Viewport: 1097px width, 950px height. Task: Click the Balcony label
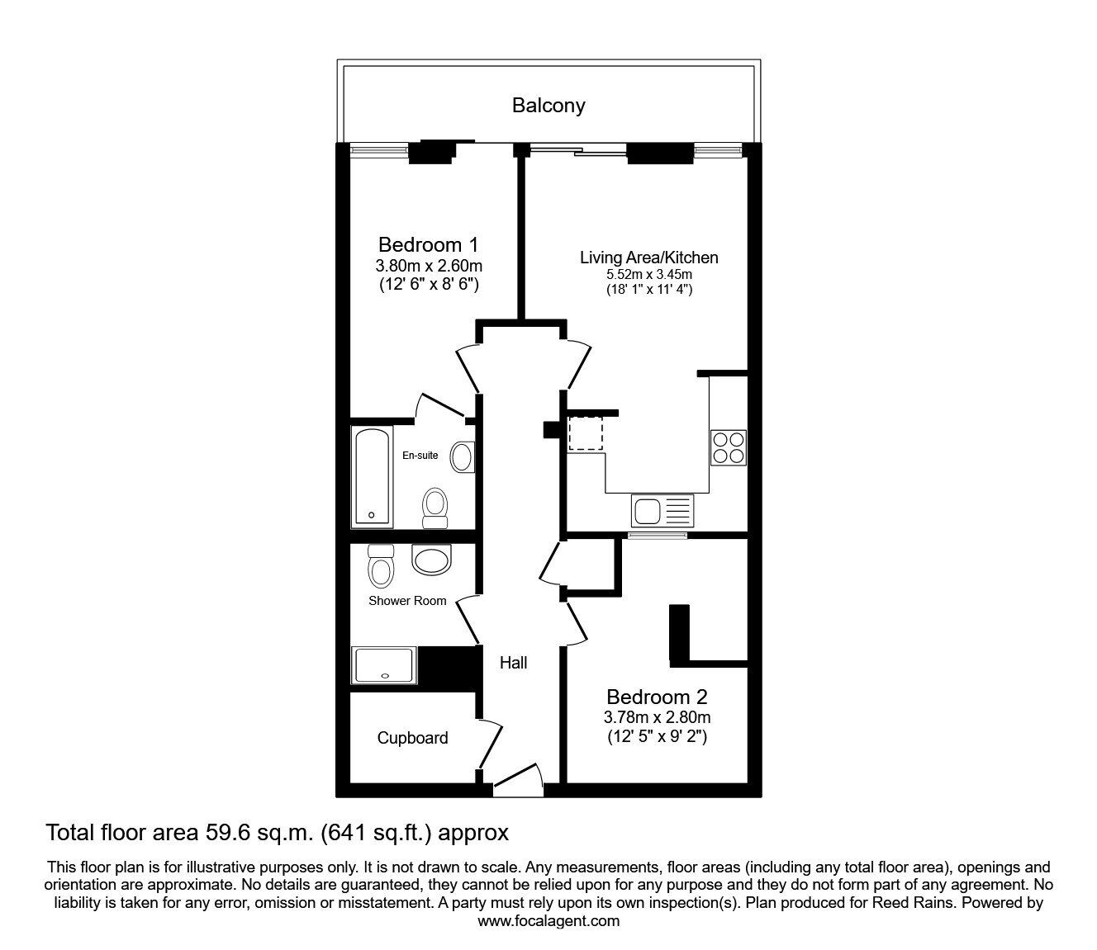pos(548,106)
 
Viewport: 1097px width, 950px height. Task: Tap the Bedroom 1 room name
pos(428,244)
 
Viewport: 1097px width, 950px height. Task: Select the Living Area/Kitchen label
pos(648,258)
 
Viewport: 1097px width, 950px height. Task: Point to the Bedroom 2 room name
pos(657,697)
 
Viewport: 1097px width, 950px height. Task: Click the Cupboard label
pos(412,738)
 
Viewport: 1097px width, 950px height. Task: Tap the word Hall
pos(513,663)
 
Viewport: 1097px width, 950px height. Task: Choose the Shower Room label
pos(407,600)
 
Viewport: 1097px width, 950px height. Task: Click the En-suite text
pos(420,455)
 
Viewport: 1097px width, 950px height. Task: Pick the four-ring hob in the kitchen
pos(729,447)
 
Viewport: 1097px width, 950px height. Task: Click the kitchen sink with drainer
pos(662,511)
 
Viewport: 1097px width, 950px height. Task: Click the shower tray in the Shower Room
pos(384,664)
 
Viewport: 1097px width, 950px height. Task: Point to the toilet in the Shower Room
pos(381,565)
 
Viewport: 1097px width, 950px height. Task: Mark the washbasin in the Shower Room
pos(431,560)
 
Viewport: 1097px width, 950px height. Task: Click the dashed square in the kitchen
pos(586,433)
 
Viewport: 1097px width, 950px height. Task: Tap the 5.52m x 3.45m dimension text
pos(649,275)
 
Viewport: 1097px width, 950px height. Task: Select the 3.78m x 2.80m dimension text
pos(657,717)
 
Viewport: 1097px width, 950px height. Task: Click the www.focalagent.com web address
pos(548,921)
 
